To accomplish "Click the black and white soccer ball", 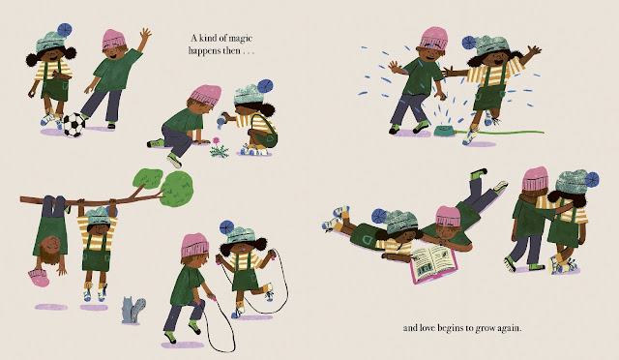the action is (x=74, y=125).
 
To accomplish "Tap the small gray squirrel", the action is (x=133, y=311).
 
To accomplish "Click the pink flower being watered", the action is (x=216, y=140).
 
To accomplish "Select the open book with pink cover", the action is (x=433, y=263).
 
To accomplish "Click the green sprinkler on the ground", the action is (x=444, y=131).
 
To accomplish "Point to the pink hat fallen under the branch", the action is (x=39, y=277).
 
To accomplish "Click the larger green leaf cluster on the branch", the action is (x=177, y=189).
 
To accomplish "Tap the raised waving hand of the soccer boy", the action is (x=145, y=35).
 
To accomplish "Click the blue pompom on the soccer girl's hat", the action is (x=65, y=30).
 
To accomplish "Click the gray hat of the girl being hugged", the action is (x=572, y=181).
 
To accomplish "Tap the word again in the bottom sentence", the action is (x=510, y=328).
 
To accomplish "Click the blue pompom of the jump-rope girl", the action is (x=227, y=227).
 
